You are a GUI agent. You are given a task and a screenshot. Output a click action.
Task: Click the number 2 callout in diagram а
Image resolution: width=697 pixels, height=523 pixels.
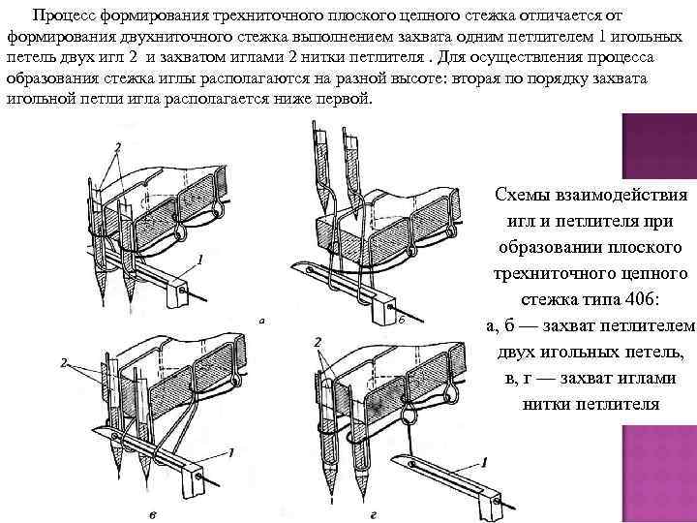click(x=118, y=146)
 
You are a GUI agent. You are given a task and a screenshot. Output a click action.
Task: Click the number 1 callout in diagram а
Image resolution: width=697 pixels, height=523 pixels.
click(x=198, y=259)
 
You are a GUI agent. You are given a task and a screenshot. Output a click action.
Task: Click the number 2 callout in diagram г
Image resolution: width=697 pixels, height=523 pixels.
click(x=318, y=343)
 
